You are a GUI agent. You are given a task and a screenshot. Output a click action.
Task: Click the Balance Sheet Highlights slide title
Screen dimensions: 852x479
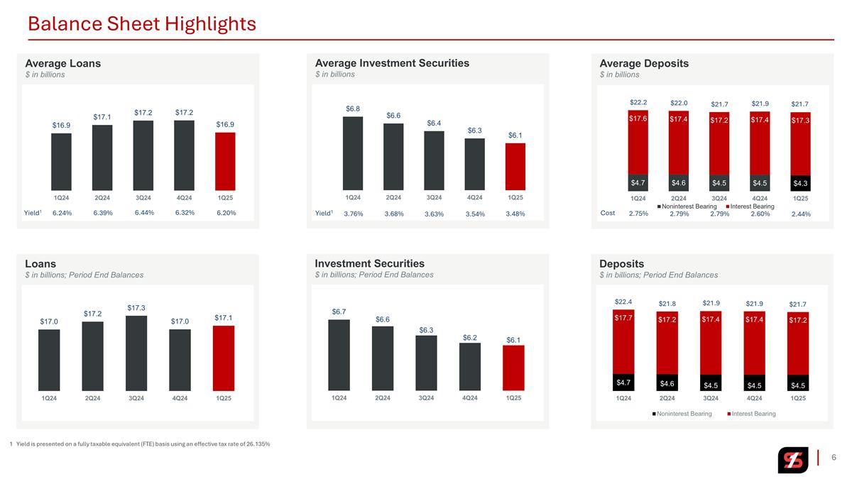click(x=142, y=23)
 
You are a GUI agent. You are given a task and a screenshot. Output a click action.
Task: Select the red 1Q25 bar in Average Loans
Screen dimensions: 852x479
click(x=225, y=161)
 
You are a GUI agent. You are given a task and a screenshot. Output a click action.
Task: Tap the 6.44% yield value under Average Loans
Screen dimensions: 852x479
click(x=144, y=212)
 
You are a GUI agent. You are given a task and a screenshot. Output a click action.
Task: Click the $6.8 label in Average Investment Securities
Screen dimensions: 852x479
click(x=353, y=109)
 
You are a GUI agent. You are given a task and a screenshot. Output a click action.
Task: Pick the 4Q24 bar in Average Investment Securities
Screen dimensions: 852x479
click(x=475, y=164)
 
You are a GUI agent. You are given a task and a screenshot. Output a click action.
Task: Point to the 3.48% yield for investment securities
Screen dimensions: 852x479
click(x=515, y=214)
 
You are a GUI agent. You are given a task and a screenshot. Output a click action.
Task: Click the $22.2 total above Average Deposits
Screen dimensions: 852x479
click(x=638, y=102)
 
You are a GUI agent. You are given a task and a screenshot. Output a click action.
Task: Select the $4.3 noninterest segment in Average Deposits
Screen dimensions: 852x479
click(x=800, y=183)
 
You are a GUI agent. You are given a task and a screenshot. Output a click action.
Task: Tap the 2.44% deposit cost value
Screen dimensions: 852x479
click(x=801, y=214)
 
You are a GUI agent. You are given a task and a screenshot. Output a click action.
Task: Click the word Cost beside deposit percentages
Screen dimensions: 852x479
click(x=608, y=213)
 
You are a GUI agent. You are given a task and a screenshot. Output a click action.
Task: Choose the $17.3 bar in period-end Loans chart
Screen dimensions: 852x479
click(x=136, y=353)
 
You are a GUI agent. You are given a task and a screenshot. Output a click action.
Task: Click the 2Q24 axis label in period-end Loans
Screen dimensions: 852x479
click(x=92, y=398)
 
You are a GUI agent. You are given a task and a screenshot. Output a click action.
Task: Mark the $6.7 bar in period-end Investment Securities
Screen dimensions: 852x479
click(x=339, y=355)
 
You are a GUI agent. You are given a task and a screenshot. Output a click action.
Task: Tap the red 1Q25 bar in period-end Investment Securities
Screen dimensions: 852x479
click(x=513, y=368)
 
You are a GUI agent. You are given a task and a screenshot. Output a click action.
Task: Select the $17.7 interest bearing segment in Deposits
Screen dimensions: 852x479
click(x=623, y=342)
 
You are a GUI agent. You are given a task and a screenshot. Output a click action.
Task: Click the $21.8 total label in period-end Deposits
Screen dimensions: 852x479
click(x=667, y=304)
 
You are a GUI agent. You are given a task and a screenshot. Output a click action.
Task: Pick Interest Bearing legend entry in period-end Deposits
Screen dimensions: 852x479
click(x=751, y=414)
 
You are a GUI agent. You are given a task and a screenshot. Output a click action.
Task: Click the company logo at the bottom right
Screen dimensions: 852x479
click(x=793, y=460)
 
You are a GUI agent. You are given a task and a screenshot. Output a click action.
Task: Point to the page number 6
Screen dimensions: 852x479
click(x=834, y=457)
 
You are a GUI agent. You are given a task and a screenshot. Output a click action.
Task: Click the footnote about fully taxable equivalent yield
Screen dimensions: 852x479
click(x=140, y=444)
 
